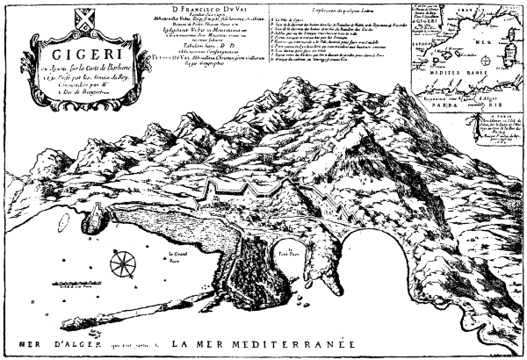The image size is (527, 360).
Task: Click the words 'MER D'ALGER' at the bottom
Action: point(40,342)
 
